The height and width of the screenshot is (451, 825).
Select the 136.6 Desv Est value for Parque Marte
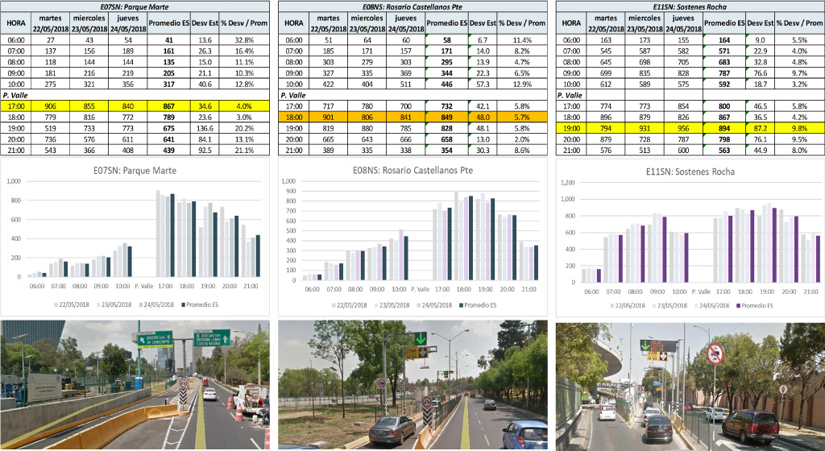[x=205, y=127]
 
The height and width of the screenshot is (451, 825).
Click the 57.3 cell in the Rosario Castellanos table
[x=483, y=84]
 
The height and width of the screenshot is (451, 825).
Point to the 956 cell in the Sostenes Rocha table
[x=685, y=127]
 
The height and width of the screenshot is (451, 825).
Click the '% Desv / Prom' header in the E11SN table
[x=799, y=23]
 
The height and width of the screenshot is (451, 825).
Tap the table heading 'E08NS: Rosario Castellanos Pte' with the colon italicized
[x=412, y=6]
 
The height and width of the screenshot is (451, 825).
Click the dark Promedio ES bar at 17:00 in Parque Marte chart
[x=172, y=234]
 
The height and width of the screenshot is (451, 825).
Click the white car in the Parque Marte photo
[x=209, y=394]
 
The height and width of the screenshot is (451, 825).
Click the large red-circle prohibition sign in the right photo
[x=714, y=354]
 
